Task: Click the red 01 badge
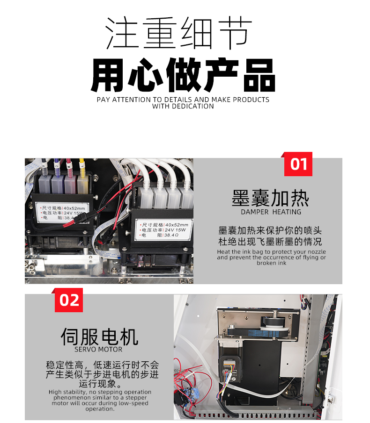pos(298,164)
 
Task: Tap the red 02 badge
pos(69,300)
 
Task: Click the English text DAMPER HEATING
pos(271,212)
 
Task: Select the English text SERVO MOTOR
pos(98,349)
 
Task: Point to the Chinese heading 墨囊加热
pos(270,198)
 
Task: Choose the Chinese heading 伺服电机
pos(99,336)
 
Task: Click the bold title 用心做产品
pos(183,75)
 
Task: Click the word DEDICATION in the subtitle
pos(183,106)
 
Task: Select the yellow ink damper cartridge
pos(83,183)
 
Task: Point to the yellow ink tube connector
pos(82,164)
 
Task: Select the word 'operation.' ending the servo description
pos(100,409)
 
